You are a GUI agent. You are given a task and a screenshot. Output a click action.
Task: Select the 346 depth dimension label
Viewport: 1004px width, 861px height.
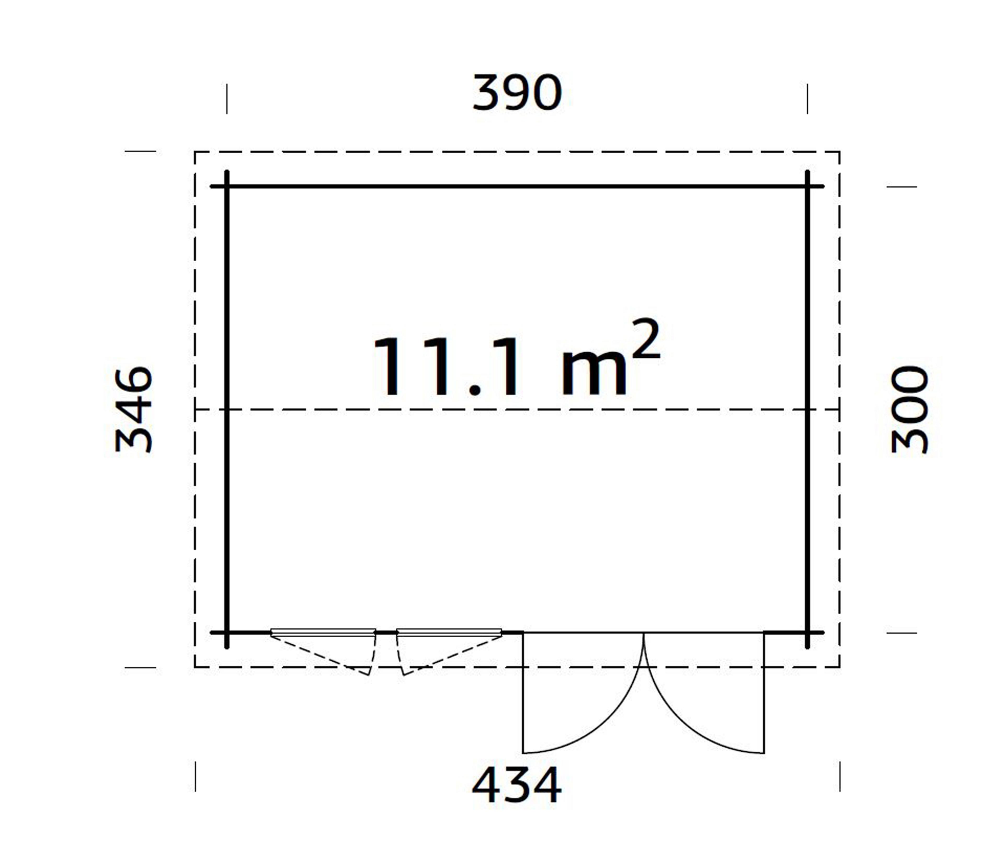[134, 410]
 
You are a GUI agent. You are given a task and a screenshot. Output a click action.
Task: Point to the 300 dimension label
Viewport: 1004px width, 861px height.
[910, 410]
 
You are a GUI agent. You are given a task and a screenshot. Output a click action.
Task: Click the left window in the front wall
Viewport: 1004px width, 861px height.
[323, 632]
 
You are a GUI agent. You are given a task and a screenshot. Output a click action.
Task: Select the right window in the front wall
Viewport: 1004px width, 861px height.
[449, 632]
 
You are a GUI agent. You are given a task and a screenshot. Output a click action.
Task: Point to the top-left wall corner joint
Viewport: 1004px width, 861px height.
[227, 186]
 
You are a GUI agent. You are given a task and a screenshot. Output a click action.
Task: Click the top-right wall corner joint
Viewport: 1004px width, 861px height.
[807, 186]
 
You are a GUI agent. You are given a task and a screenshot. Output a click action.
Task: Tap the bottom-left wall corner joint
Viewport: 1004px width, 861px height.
[227, 633]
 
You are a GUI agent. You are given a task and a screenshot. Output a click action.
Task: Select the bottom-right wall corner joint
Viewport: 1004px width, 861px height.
[807, 633]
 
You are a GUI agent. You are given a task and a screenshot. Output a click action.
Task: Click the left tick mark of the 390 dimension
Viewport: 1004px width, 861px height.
[227, 99]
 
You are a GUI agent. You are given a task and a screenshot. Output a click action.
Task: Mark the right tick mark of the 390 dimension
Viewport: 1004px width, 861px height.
[807, 99]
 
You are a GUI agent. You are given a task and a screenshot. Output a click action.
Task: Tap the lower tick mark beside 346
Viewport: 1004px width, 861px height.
[140, 668]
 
